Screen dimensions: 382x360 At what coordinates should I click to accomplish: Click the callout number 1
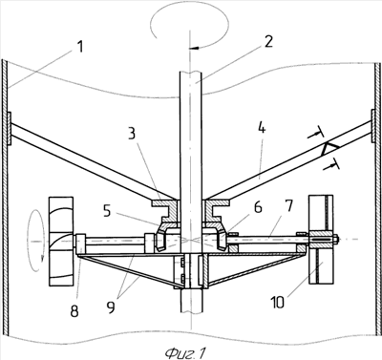[x=79, y=47]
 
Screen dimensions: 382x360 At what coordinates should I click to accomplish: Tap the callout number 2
[x=268, y=41]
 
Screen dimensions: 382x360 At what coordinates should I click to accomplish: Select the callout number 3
[x=132, y=135]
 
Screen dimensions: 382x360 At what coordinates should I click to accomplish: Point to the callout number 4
[x=262, y=130]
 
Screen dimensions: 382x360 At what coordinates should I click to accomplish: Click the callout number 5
[x=107, y=211]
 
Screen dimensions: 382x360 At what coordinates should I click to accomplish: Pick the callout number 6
[x=258, y=207]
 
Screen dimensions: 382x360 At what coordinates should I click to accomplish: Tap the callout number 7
[x=288, y=206]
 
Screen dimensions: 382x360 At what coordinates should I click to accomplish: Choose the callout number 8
[x=74, y=310]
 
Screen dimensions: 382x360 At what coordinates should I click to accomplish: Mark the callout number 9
[x=111, y=307]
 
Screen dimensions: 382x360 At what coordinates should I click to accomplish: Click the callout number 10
[x=278, y=302]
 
